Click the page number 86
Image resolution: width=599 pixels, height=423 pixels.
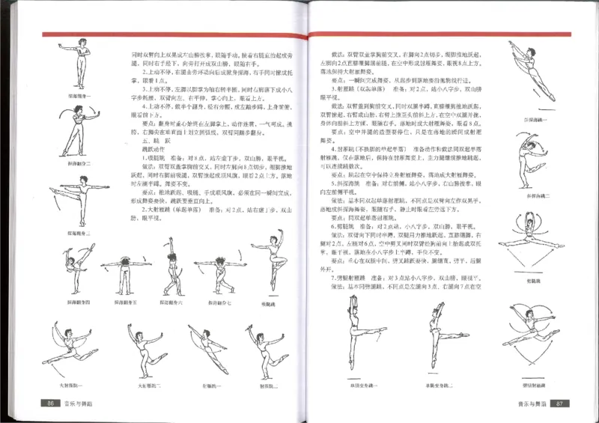click(52, 404)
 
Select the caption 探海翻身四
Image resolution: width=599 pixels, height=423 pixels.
click(79, 302)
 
